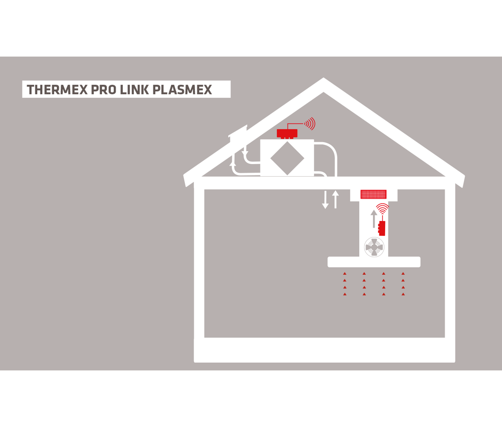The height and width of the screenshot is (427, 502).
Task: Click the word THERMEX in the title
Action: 57,90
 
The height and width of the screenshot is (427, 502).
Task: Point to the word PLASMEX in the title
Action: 182,90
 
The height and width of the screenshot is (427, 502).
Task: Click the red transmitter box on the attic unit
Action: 287,133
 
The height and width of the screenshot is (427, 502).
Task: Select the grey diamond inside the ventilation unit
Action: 287,158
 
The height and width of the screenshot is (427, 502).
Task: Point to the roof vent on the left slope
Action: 237,132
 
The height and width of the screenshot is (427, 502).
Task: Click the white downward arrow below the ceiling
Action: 325,200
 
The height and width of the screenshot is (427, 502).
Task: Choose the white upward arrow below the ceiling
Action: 335,199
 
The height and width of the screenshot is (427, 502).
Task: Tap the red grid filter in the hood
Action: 373,194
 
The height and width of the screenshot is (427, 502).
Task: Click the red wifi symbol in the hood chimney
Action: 383,208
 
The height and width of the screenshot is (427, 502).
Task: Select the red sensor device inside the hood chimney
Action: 382,228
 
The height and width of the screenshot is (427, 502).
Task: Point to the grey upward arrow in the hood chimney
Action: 374,218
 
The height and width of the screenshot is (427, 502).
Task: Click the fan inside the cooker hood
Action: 374,247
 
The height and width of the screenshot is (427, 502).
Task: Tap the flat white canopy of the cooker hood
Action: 374,262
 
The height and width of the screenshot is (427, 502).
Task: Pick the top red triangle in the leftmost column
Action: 345,274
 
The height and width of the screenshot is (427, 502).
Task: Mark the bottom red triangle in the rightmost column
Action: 403,294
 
